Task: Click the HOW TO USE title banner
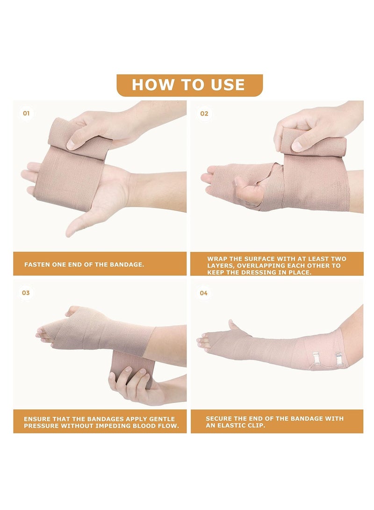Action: click(188, 85)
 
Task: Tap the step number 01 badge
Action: click(26, 113)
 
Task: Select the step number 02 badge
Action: click(204, 113)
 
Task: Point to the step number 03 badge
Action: click(26, 293)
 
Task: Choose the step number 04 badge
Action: click(204, 293)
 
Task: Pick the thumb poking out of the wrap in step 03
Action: click(73, 311)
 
